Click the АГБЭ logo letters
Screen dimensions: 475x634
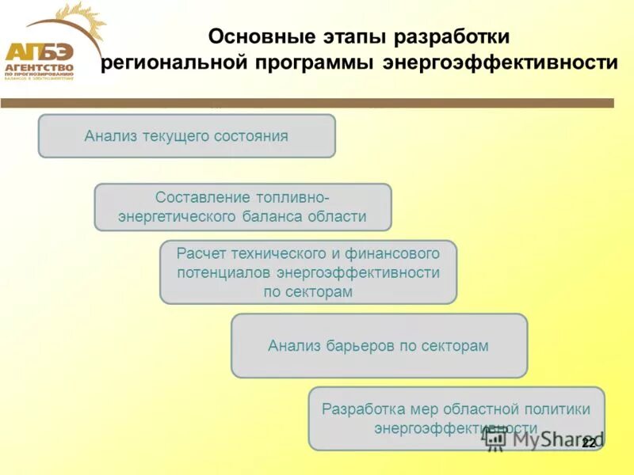(x=39, y=52)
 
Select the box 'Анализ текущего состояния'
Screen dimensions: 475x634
(x=187, y=136)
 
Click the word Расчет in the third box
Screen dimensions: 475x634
(x=201, y=253)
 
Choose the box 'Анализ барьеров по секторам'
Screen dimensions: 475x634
(x=379, y=346)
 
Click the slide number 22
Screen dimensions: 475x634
(x=588, y=443)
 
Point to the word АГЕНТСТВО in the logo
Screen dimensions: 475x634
(x=40, y=69)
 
